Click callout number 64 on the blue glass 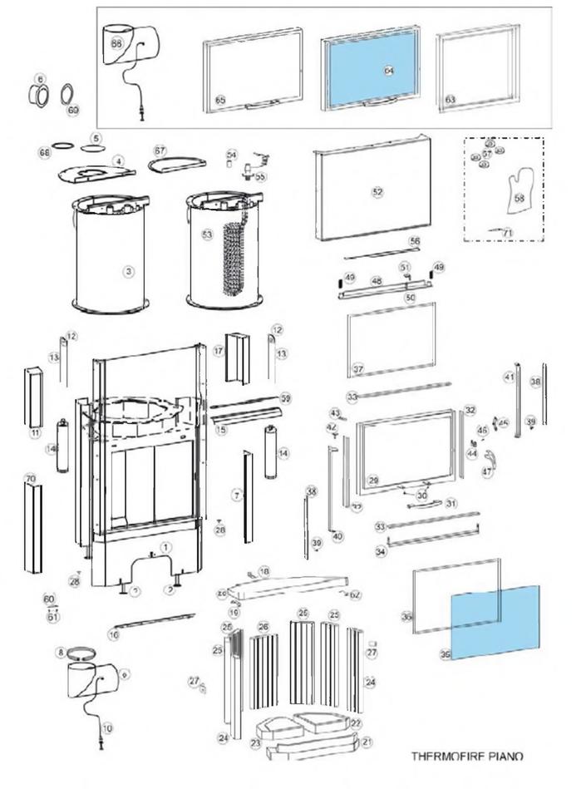pyautogui.click(x=388, y=71)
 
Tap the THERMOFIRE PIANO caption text pyautogui.click(x=468, y=757)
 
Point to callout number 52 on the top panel pyautogui.click(x=378, y=191)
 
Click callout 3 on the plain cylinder pyautogui.click(x=128, y=271)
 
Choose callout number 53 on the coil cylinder pyautogui.click(x=207, y=235)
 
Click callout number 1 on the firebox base pyautogui.click(x=165, y=547)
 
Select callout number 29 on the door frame pyautogui.click(x=373, y=481)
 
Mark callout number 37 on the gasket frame pyautogui.click(x=358, y=368)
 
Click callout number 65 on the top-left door pyautogui.click(x=220, y=99)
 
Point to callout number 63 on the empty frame pyautogui.click(x=451, y=99)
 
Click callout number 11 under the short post pyautogui.click(x=35, y=433)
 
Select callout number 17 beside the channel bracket pyautogui.click(x=219, y=352)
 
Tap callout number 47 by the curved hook pyautogui.click(x=487, y=471)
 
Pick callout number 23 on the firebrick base pyautogui.click(x=257, y=742)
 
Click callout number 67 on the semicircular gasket pyautogui.click(x=160, y=150)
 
